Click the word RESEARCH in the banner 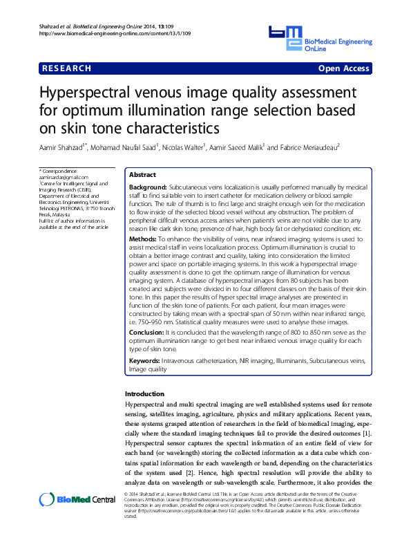click(x=66, y=68)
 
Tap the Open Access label click(x=343, y=68)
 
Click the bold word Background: click(x=148, y=187)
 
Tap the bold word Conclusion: click(x=147, y=333)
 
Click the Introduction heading click(x=144, y=393)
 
